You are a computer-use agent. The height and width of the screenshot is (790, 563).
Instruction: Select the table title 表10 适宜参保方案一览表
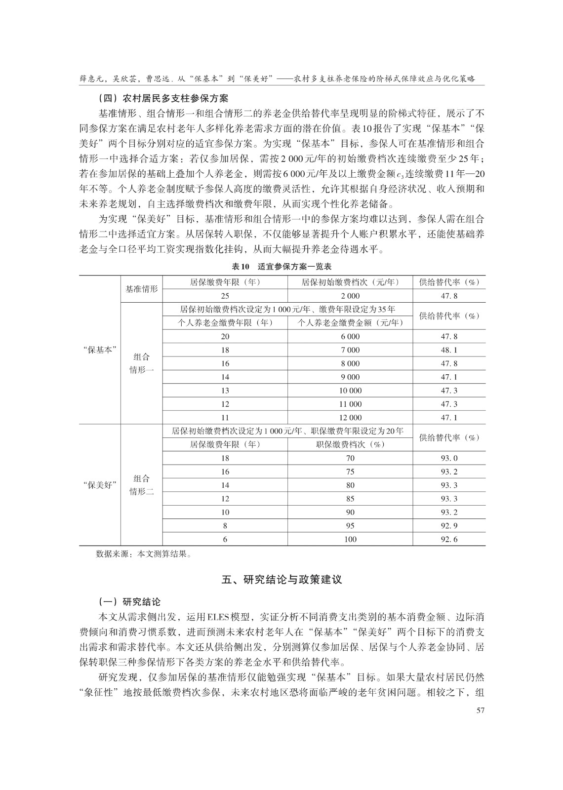coord(281,266)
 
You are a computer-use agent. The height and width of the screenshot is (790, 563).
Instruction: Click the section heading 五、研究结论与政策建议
coord(281,579)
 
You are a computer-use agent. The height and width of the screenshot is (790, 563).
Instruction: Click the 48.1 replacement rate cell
coord(449,350)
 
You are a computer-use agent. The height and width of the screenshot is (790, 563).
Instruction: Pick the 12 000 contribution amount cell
coord(350,418)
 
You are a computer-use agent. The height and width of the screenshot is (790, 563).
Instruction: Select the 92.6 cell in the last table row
coord(449,539)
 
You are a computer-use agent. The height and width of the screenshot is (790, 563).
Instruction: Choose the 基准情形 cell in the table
coord(142,289)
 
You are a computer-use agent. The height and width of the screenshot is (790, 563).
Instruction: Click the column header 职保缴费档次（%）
coord(350,444)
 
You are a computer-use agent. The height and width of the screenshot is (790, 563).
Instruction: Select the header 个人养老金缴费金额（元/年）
coord(350,323)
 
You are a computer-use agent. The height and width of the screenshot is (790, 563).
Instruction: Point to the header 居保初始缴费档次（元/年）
coord(350,282)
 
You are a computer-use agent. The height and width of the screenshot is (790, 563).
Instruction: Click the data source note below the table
coord(144,554)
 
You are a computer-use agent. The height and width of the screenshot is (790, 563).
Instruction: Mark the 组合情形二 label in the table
coord(142,485)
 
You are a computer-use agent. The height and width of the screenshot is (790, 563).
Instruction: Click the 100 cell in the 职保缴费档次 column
coord(350,539)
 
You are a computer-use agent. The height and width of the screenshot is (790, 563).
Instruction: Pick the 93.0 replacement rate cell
coord(449,458)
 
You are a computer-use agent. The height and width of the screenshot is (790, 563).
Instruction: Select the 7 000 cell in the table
coord(350,350)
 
